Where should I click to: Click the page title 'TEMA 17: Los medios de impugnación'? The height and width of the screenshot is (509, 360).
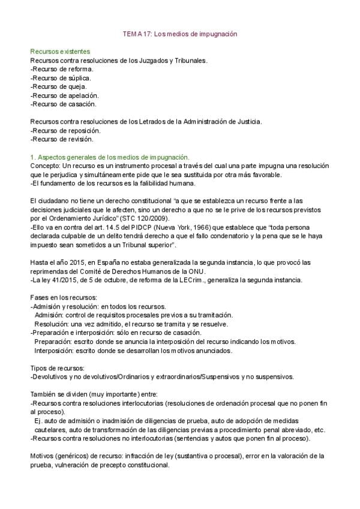tap(180, 34)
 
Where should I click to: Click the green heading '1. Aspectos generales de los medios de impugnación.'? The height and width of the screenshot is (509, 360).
tap(110, 157)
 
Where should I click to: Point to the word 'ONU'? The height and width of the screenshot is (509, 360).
tap(215, 271)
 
